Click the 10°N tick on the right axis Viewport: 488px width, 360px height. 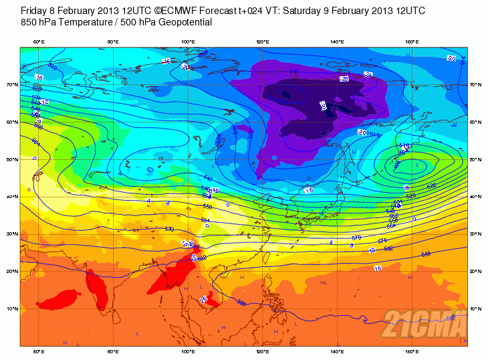[475, 309]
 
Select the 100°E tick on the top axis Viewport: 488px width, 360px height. [188, 42]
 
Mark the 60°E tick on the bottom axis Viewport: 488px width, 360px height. [39, 352]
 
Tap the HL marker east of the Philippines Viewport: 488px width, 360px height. [323, 283]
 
